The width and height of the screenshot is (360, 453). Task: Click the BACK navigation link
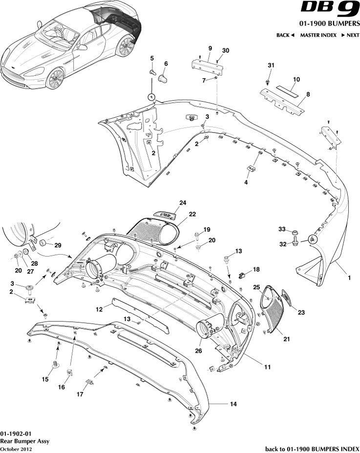coord(285,35)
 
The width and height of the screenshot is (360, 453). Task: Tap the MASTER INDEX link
coord(318,35)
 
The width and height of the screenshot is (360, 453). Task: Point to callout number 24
coord(183,203)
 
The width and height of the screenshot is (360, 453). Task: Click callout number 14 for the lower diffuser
coord(233,404)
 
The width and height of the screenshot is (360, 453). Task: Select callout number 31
coord(272,66)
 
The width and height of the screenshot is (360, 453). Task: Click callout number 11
coord(267,367)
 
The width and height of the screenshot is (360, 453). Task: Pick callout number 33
coord(281,230)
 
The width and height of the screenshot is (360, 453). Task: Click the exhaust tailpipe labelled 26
coord(209,327)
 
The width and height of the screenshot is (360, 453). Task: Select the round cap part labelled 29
coord(42,243)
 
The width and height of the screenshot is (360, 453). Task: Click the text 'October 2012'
coord(16,449)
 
